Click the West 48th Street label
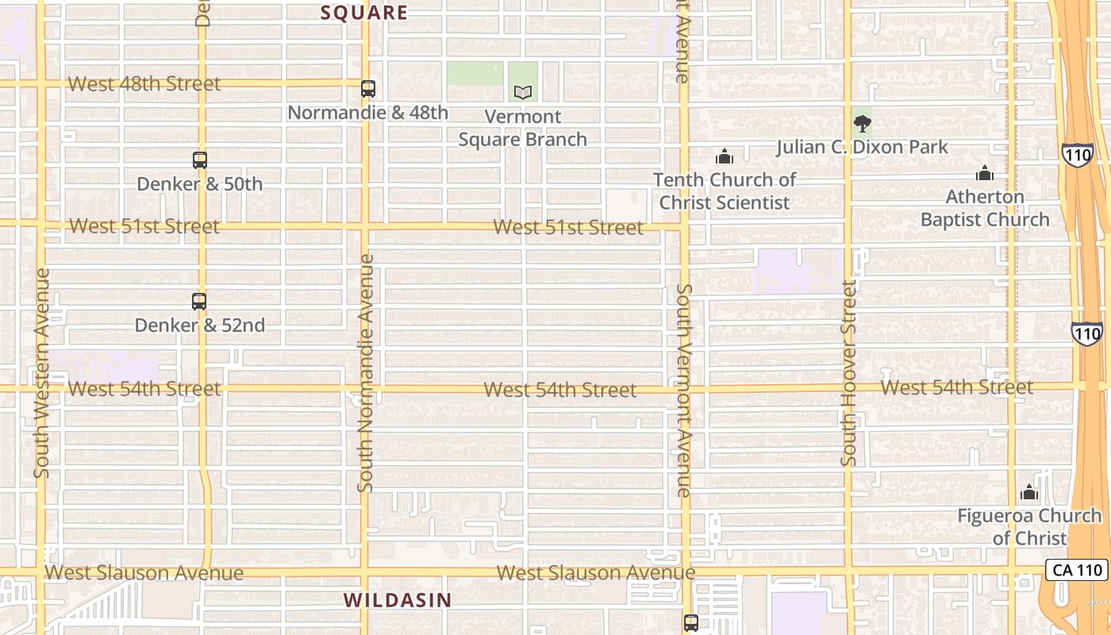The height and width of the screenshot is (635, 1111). [x=144, y=84]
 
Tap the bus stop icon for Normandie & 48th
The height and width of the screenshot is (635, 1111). [x=368, y=89]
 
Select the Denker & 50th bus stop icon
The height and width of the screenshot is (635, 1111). [x=200, y=160]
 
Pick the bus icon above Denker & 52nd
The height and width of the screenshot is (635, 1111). [x=199, y=302]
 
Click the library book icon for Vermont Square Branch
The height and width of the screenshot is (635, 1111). [x=522, y=93]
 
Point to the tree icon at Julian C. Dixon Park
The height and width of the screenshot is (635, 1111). [x=862, y=124]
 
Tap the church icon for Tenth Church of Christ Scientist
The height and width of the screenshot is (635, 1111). [x=725, y=156]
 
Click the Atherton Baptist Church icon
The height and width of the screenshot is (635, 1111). [x=985, y=173]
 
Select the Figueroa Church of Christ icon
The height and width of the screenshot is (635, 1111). [x=1029, y=492]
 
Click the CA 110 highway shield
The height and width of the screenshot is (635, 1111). [x=1075, y=570]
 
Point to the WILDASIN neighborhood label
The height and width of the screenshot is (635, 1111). [x=398, y=600]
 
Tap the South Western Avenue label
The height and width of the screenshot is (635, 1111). [x=42, y=373]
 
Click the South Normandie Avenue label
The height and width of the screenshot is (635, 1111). [x=365, y=373]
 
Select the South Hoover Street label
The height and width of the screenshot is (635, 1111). [x=849, y=373]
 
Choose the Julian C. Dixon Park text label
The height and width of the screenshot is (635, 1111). [x=862, y=147]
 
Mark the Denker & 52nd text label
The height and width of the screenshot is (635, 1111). [x=199, y=325]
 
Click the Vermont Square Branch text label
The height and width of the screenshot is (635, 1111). [x=523, y=128]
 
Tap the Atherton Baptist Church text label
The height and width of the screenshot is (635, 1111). [x=985, y=208]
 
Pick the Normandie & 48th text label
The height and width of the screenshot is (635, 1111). [x=368, y=113]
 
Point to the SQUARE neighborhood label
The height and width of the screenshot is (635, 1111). [x=364, y=13]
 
